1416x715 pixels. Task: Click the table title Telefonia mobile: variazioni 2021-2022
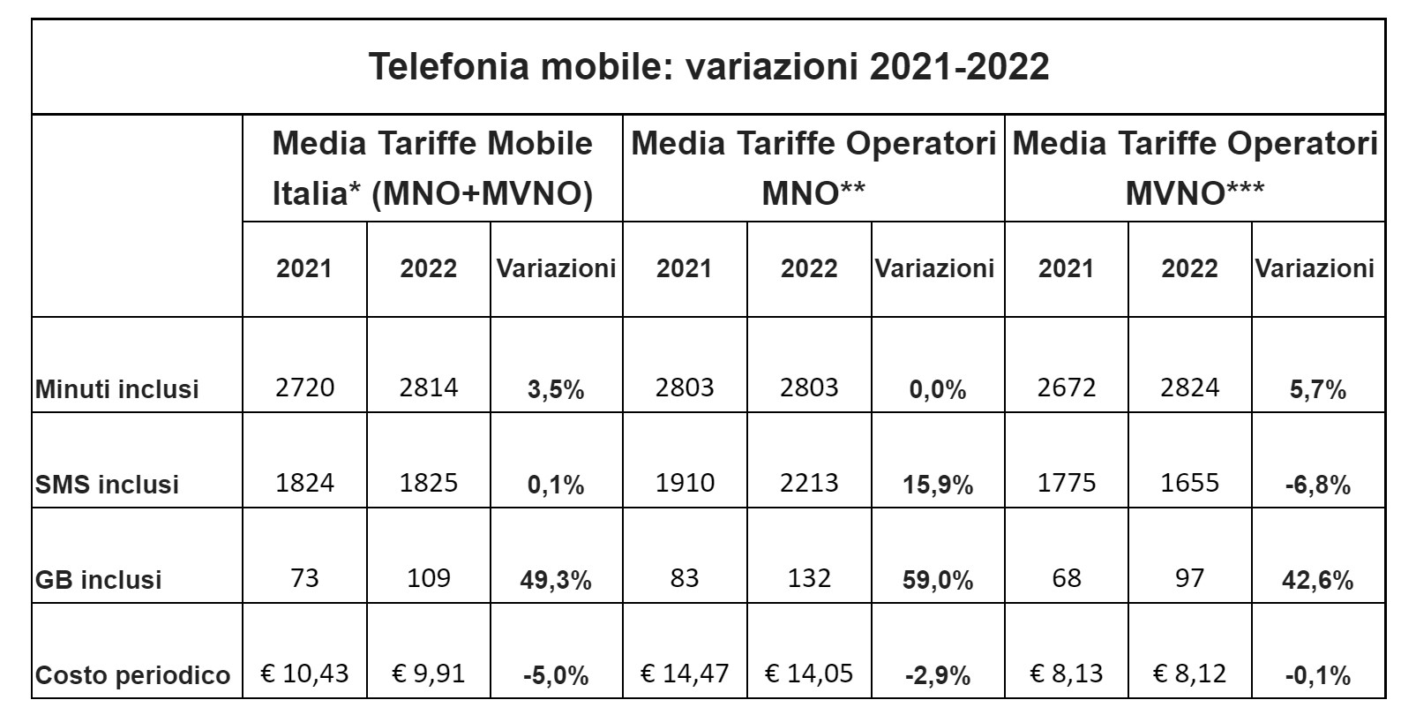708,67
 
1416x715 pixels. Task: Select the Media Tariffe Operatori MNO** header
813,168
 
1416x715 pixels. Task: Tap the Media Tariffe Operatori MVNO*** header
1195,168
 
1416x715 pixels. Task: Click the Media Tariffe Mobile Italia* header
432,168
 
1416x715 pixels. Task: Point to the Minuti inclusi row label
117,389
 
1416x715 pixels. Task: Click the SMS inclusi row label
107,485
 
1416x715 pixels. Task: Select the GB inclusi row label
98,580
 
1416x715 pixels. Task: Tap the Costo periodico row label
132,676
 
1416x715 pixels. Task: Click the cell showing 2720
304,388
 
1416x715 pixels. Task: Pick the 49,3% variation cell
556,580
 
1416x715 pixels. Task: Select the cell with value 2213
809,483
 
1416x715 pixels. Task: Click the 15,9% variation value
937,485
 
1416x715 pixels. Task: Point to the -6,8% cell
1316,485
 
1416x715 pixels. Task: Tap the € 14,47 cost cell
685,674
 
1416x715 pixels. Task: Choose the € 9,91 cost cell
428,674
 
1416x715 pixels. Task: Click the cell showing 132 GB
809,578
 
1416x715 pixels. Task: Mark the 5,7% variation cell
1316,389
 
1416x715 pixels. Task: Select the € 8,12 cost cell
1189,674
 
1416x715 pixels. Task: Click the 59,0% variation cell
937,580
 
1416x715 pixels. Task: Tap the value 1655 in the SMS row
1189,483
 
